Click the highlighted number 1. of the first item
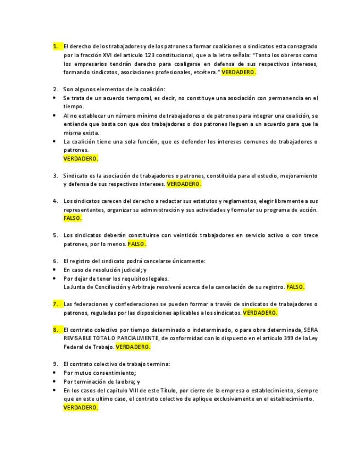[56, 46]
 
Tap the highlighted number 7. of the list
[56, 304]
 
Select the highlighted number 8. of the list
[56, 329]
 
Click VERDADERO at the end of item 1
[239, 73]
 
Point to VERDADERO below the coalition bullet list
[81, 158]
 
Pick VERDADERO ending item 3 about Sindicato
[184, 184]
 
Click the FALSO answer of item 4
[73, 218]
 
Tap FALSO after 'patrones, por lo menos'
[137, 243]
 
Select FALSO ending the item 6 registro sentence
[296, 287]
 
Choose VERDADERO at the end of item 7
[260, 313]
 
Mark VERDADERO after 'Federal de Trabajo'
[133, 347]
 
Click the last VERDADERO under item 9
[81, 408]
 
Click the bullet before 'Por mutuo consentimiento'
[55, 373]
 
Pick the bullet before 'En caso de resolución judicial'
[55, 270]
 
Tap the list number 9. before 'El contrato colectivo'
[56, 364]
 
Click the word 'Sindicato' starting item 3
[76, 175]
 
